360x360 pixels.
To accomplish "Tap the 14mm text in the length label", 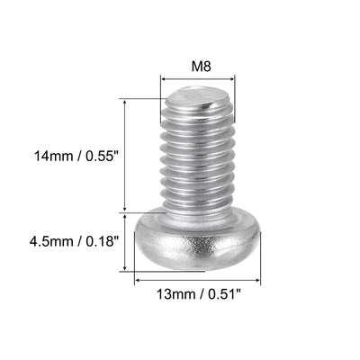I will (53, 156).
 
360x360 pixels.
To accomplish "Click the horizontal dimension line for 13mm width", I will (197, 281).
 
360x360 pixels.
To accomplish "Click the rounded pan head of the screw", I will (197, 244).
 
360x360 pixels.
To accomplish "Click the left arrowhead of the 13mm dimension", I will (138, 281).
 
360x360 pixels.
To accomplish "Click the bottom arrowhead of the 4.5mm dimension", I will (135, 271).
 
